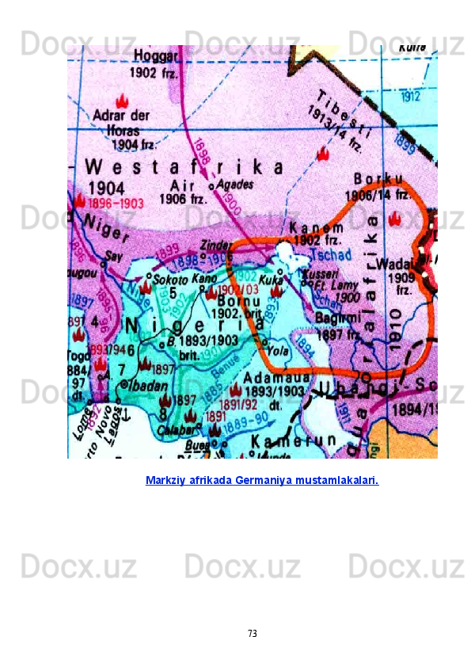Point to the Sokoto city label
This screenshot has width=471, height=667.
click(171, 280)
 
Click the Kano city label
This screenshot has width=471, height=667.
click(204, 279)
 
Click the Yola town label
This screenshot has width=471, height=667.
click(278, 349)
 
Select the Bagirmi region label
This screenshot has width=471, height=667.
click(338, 318)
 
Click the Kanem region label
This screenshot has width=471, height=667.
click(317, 227)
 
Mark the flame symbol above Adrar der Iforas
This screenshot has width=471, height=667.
click(122, 101)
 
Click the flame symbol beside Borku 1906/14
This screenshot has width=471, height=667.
click(395, 217)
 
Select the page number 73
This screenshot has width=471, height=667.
click(252, 634)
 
